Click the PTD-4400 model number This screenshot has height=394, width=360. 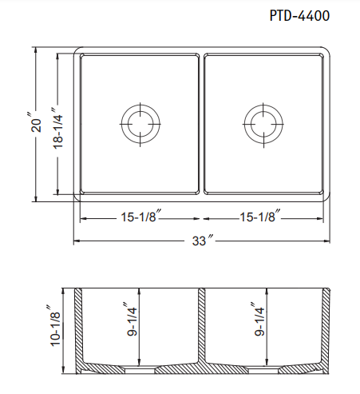pyautogui.click(x=299, y=15)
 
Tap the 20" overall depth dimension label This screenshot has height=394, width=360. pyautogui.click(x=35, y=122)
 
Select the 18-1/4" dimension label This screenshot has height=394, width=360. pyautogui.click(x=57, y=128)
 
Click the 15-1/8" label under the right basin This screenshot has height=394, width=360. pyautogui.click(x=260, y=216)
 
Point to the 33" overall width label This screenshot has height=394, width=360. pyautogui.click(x=202, y=240)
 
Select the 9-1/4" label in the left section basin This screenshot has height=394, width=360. pyautogui.click(x=132, y=319)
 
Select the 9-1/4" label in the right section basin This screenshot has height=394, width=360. pyautogui.click(x=259, y=319)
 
